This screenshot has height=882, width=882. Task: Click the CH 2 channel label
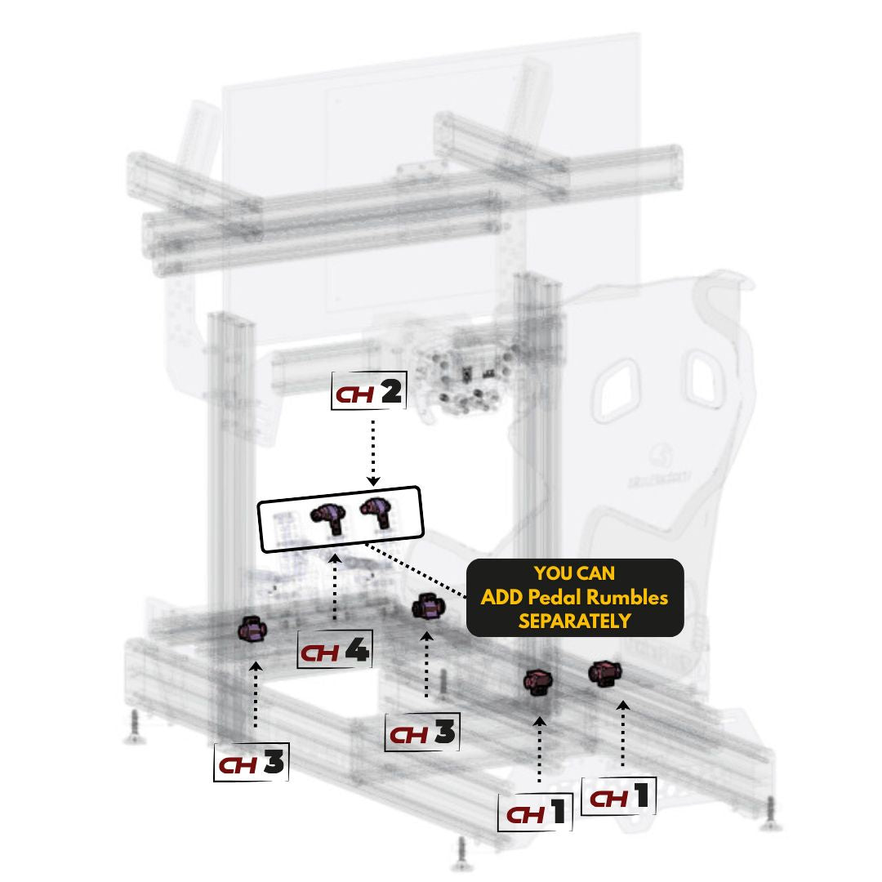click(369, 394)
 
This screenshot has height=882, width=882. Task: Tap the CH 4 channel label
click(335, 652)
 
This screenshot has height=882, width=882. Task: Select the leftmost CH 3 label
click(252, 763)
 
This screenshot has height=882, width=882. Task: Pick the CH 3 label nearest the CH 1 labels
click(423, 733)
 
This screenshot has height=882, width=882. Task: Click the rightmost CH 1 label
click(619, 796)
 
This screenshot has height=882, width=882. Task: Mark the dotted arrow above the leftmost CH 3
click(256, 694)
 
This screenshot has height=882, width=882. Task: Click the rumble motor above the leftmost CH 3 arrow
click(252, 630)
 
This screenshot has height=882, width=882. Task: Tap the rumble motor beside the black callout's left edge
click(428, 608)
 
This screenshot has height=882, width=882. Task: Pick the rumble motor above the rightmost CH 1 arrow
click(605, 673)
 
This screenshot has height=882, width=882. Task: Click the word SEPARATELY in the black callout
click(574, 621)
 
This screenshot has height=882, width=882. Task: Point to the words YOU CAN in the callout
click(574, 574)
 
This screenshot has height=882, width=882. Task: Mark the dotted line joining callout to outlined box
click(416, 565)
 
